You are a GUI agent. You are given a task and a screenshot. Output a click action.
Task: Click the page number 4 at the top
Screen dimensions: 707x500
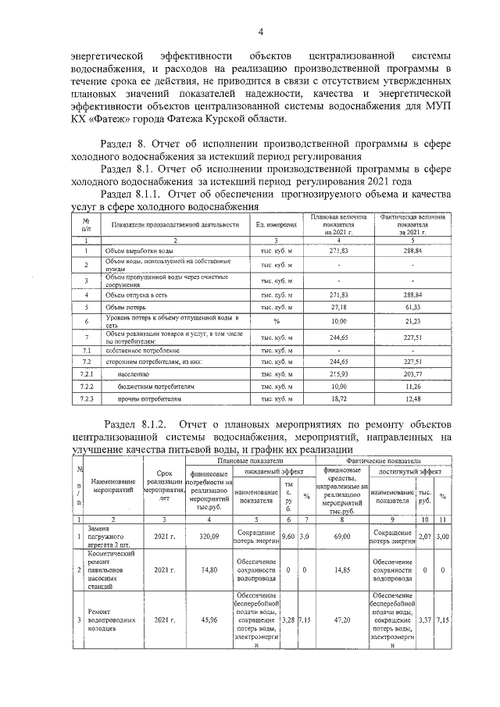(261, 30)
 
